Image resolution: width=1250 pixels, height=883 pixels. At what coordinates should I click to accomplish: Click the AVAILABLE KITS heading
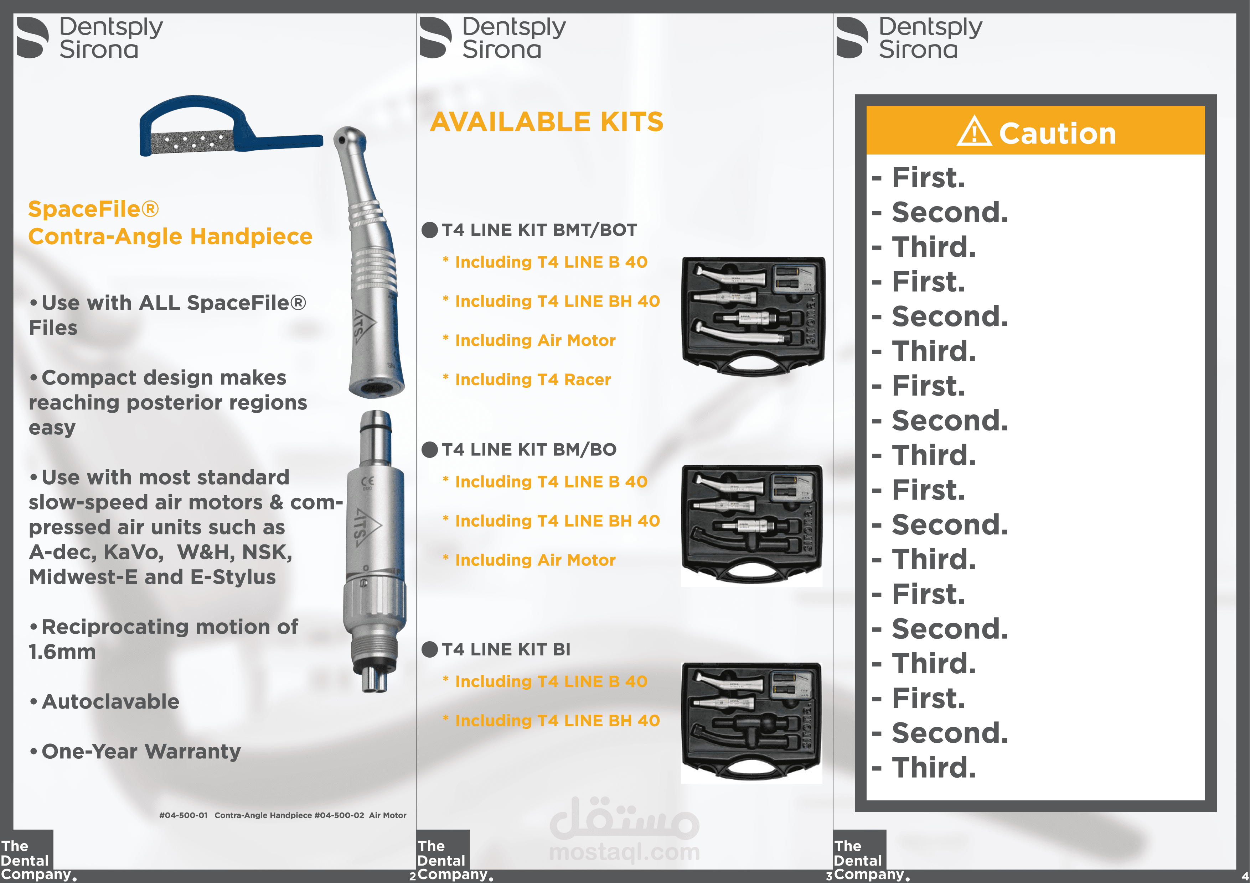(x=546, y=122)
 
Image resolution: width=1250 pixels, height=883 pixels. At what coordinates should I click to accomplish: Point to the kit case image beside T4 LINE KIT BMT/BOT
(x=753, y=315)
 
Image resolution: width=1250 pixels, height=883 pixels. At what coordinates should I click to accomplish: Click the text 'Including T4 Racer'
(x=532, y=380)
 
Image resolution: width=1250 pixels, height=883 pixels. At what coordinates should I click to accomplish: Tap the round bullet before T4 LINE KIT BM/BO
(x=429, y=450)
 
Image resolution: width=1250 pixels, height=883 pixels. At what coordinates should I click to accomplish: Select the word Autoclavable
(x=110, y=702)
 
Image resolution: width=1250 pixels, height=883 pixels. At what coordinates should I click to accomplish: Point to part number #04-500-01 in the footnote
(x=183, y=815)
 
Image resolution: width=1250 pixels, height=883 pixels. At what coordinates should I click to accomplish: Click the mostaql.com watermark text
(x=624, y=852)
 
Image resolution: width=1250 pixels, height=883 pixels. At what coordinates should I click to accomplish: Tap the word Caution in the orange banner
(x=1057, y=133)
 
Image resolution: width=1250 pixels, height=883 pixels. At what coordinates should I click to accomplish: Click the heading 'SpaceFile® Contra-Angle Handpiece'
(x=170, y=223)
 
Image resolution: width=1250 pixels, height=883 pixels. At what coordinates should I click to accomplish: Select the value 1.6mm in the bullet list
(x=62, y=652)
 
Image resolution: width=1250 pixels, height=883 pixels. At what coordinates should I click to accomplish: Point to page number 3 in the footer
(x=828, y=876)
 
